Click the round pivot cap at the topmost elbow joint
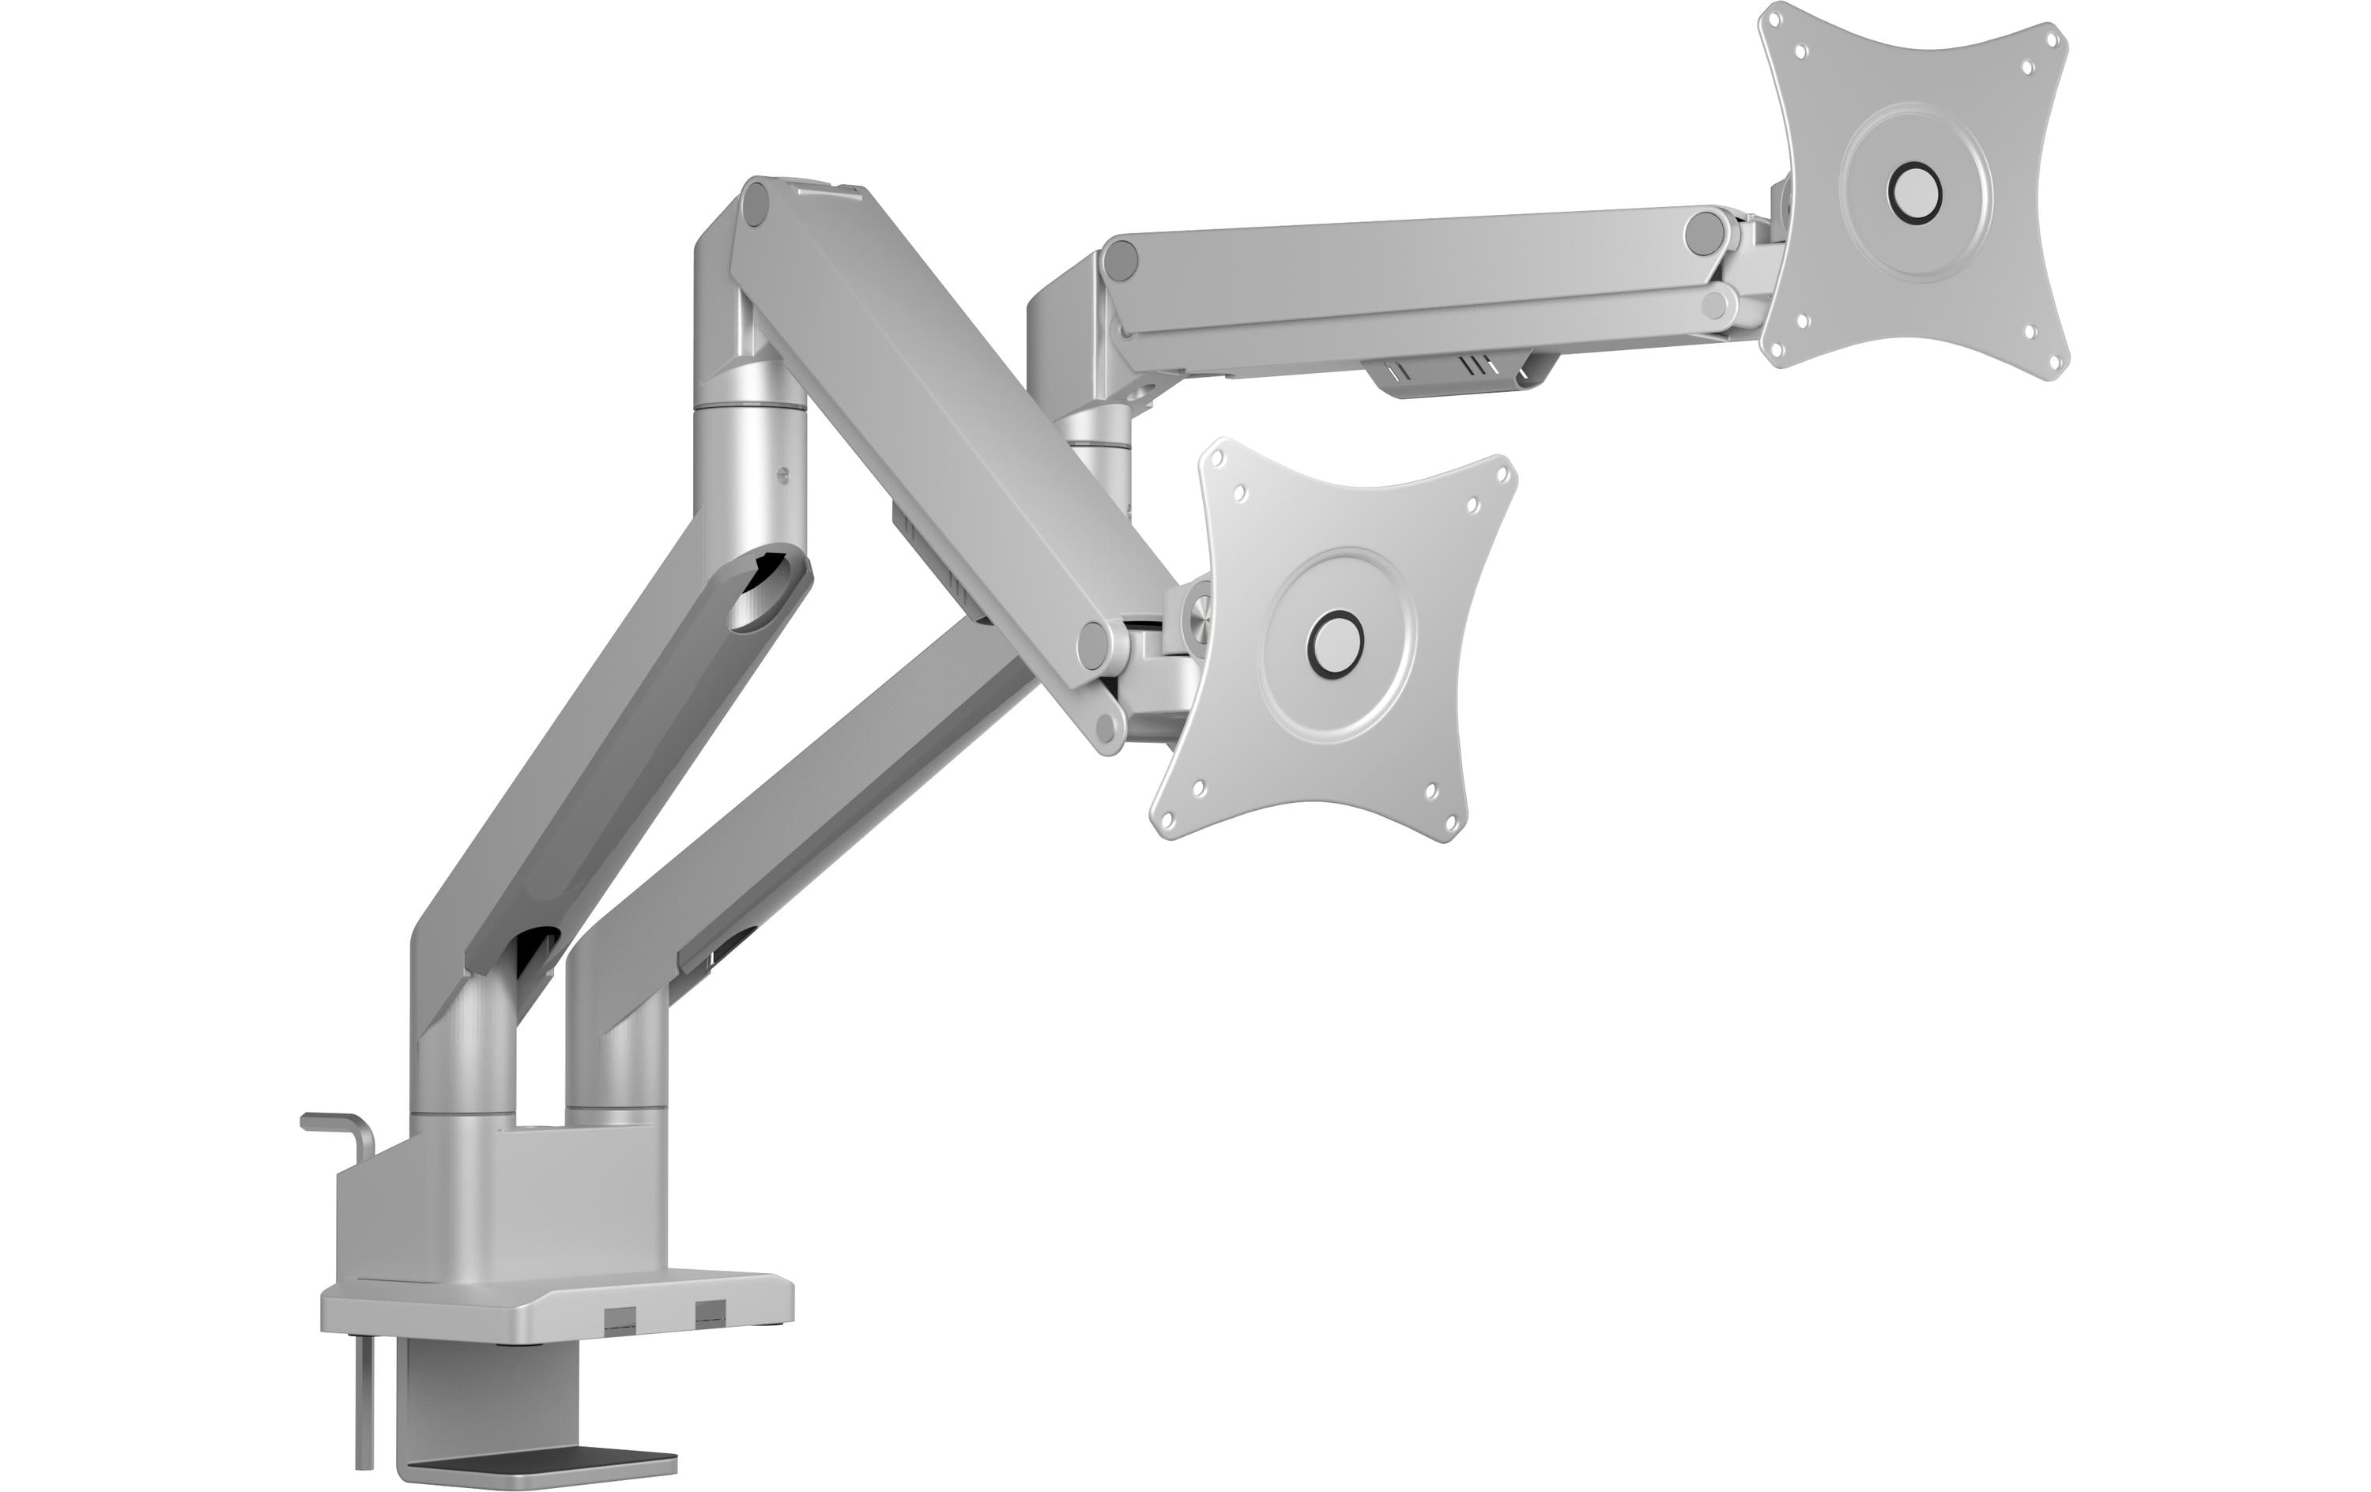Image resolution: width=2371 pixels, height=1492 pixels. click(x=757, y=205)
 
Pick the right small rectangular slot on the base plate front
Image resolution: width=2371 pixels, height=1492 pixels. click(x=708, y=1313)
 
